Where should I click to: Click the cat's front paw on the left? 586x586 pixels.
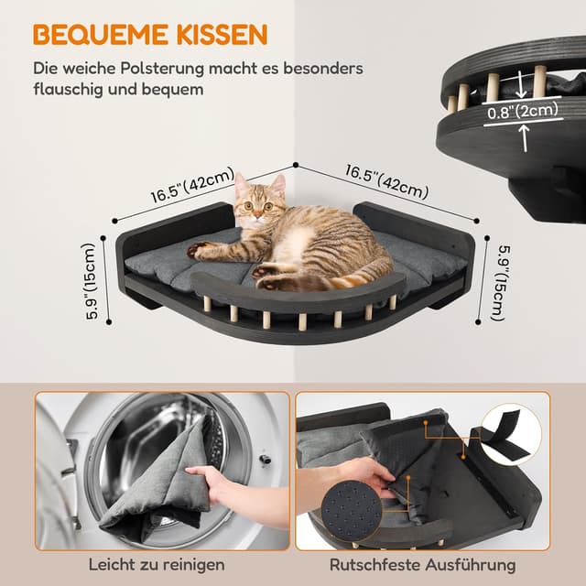198,249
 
